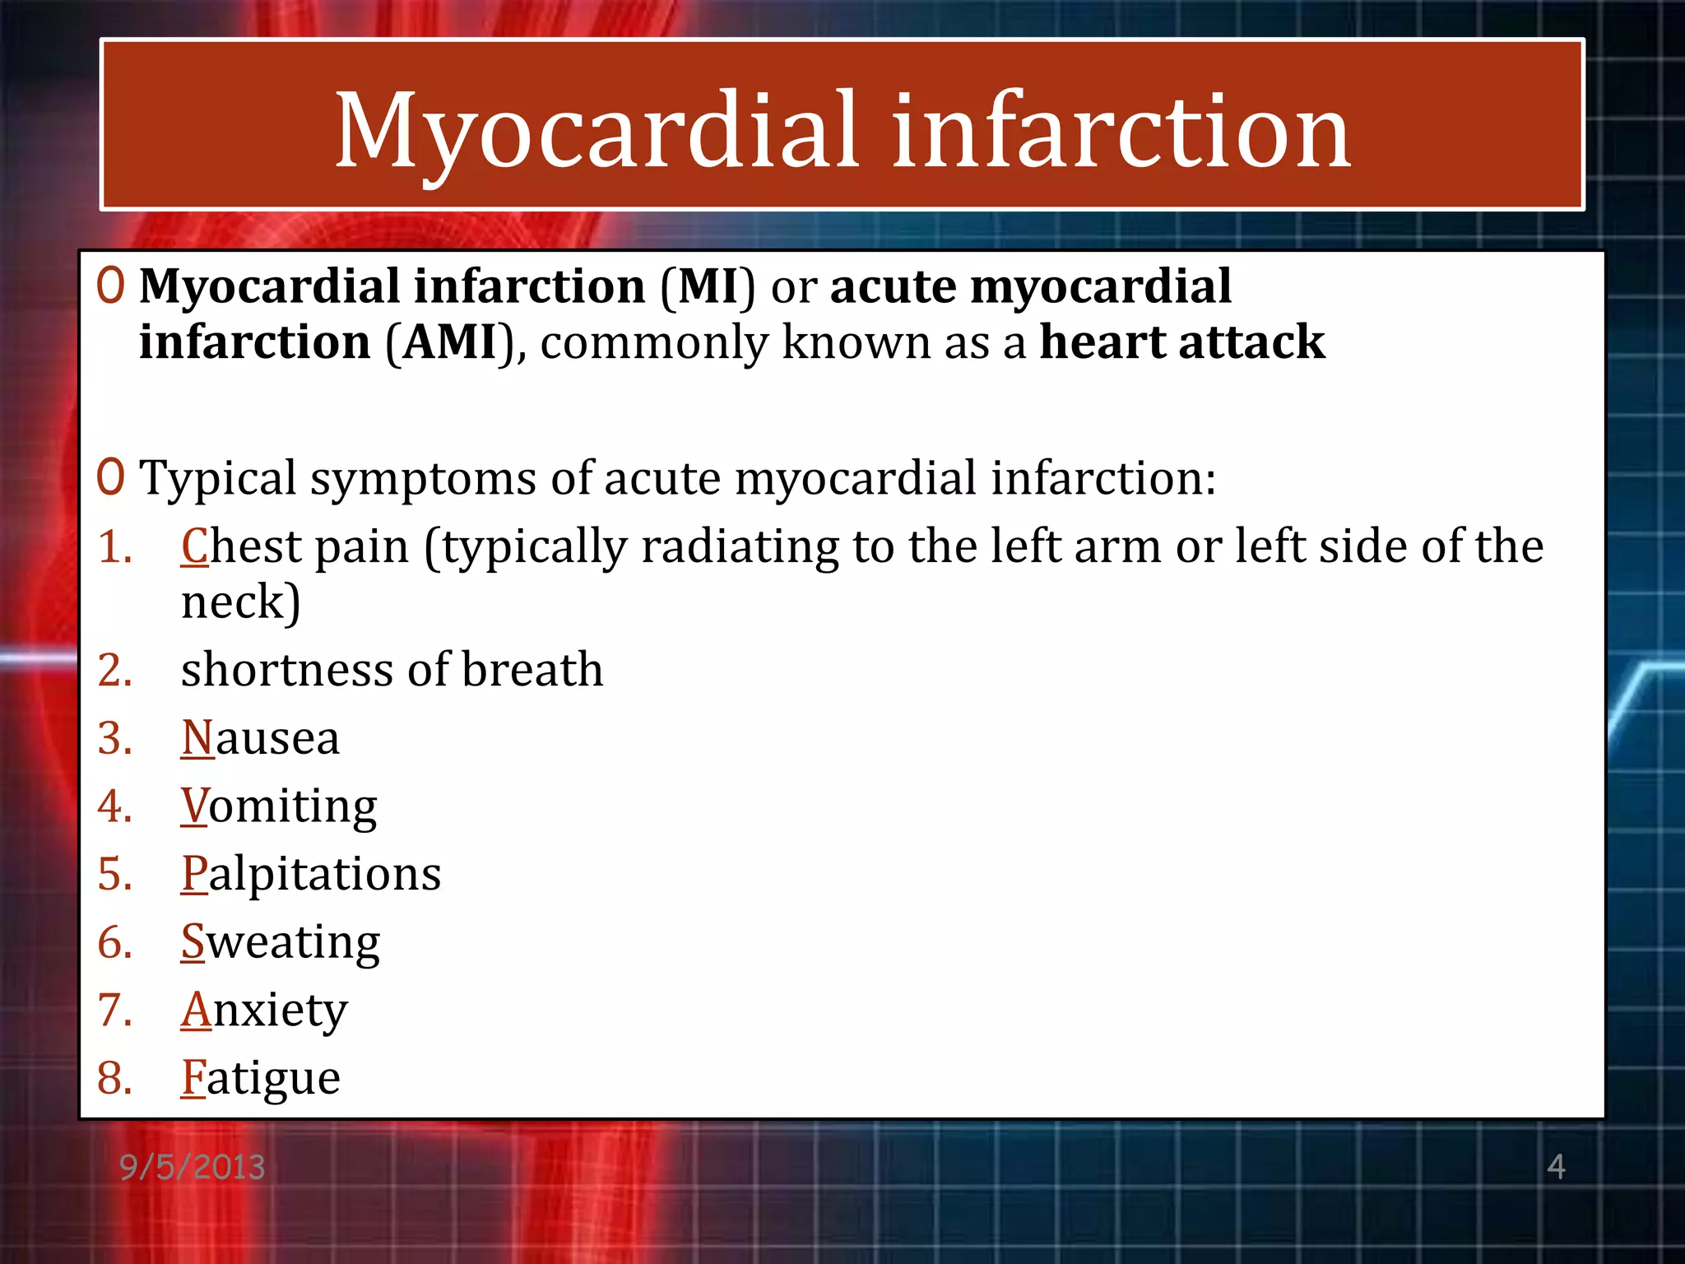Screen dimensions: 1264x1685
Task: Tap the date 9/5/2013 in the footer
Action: (x=193, y=1167)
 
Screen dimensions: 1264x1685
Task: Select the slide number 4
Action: (x=1556, y=1166)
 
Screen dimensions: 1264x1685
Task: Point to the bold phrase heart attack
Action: (x=1182, y=342)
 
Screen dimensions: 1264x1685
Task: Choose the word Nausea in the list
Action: (x=260, y=737)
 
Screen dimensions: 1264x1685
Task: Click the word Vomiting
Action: (x=279, y=806)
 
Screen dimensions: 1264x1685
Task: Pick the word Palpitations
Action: (x=311, y=874)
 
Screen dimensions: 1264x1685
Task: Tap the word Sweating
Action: (x=281, y=942)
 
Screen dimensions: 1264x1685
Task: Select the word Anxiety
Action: (x=264, y=1011)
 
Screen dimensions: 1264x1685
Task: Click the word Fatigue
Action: (x=260, y=1078)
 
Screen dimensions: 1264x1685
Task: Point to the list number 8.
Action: (x=114, y=1078)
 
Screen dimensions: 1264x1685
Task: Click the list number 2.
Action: (x=114, y=670)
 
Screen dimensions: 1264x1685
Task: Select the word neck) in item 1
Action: (x=240, y=602)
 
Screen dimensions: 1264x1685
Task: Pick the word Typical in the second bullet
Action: (x=218, y=479)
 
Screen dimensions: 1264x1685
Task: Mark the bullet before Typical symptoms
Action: (x=110, y=477)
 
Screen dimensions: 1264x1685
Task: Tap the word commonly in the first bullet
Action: (x=653, y=342)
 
